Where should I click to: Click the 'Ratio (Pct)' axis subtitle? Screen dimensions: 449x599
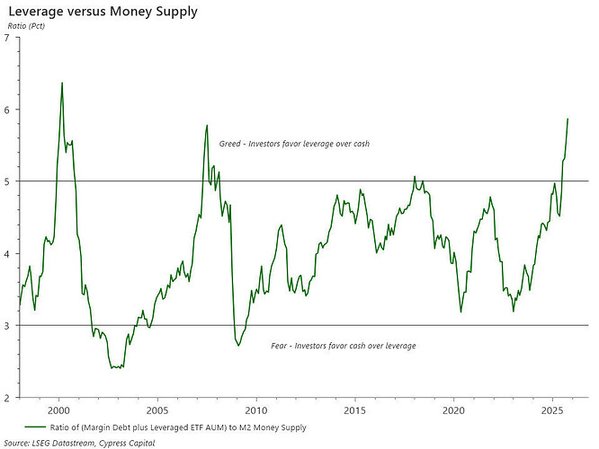26,26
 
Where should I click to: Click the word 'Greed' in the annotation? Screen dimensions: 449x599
231,144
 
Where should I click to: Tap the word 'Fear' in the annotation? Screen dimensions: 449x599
280,346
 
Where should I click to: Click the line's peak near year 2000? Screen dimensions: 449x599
61,83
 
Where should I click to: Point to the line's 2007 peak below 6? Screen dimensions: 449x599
207,125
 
